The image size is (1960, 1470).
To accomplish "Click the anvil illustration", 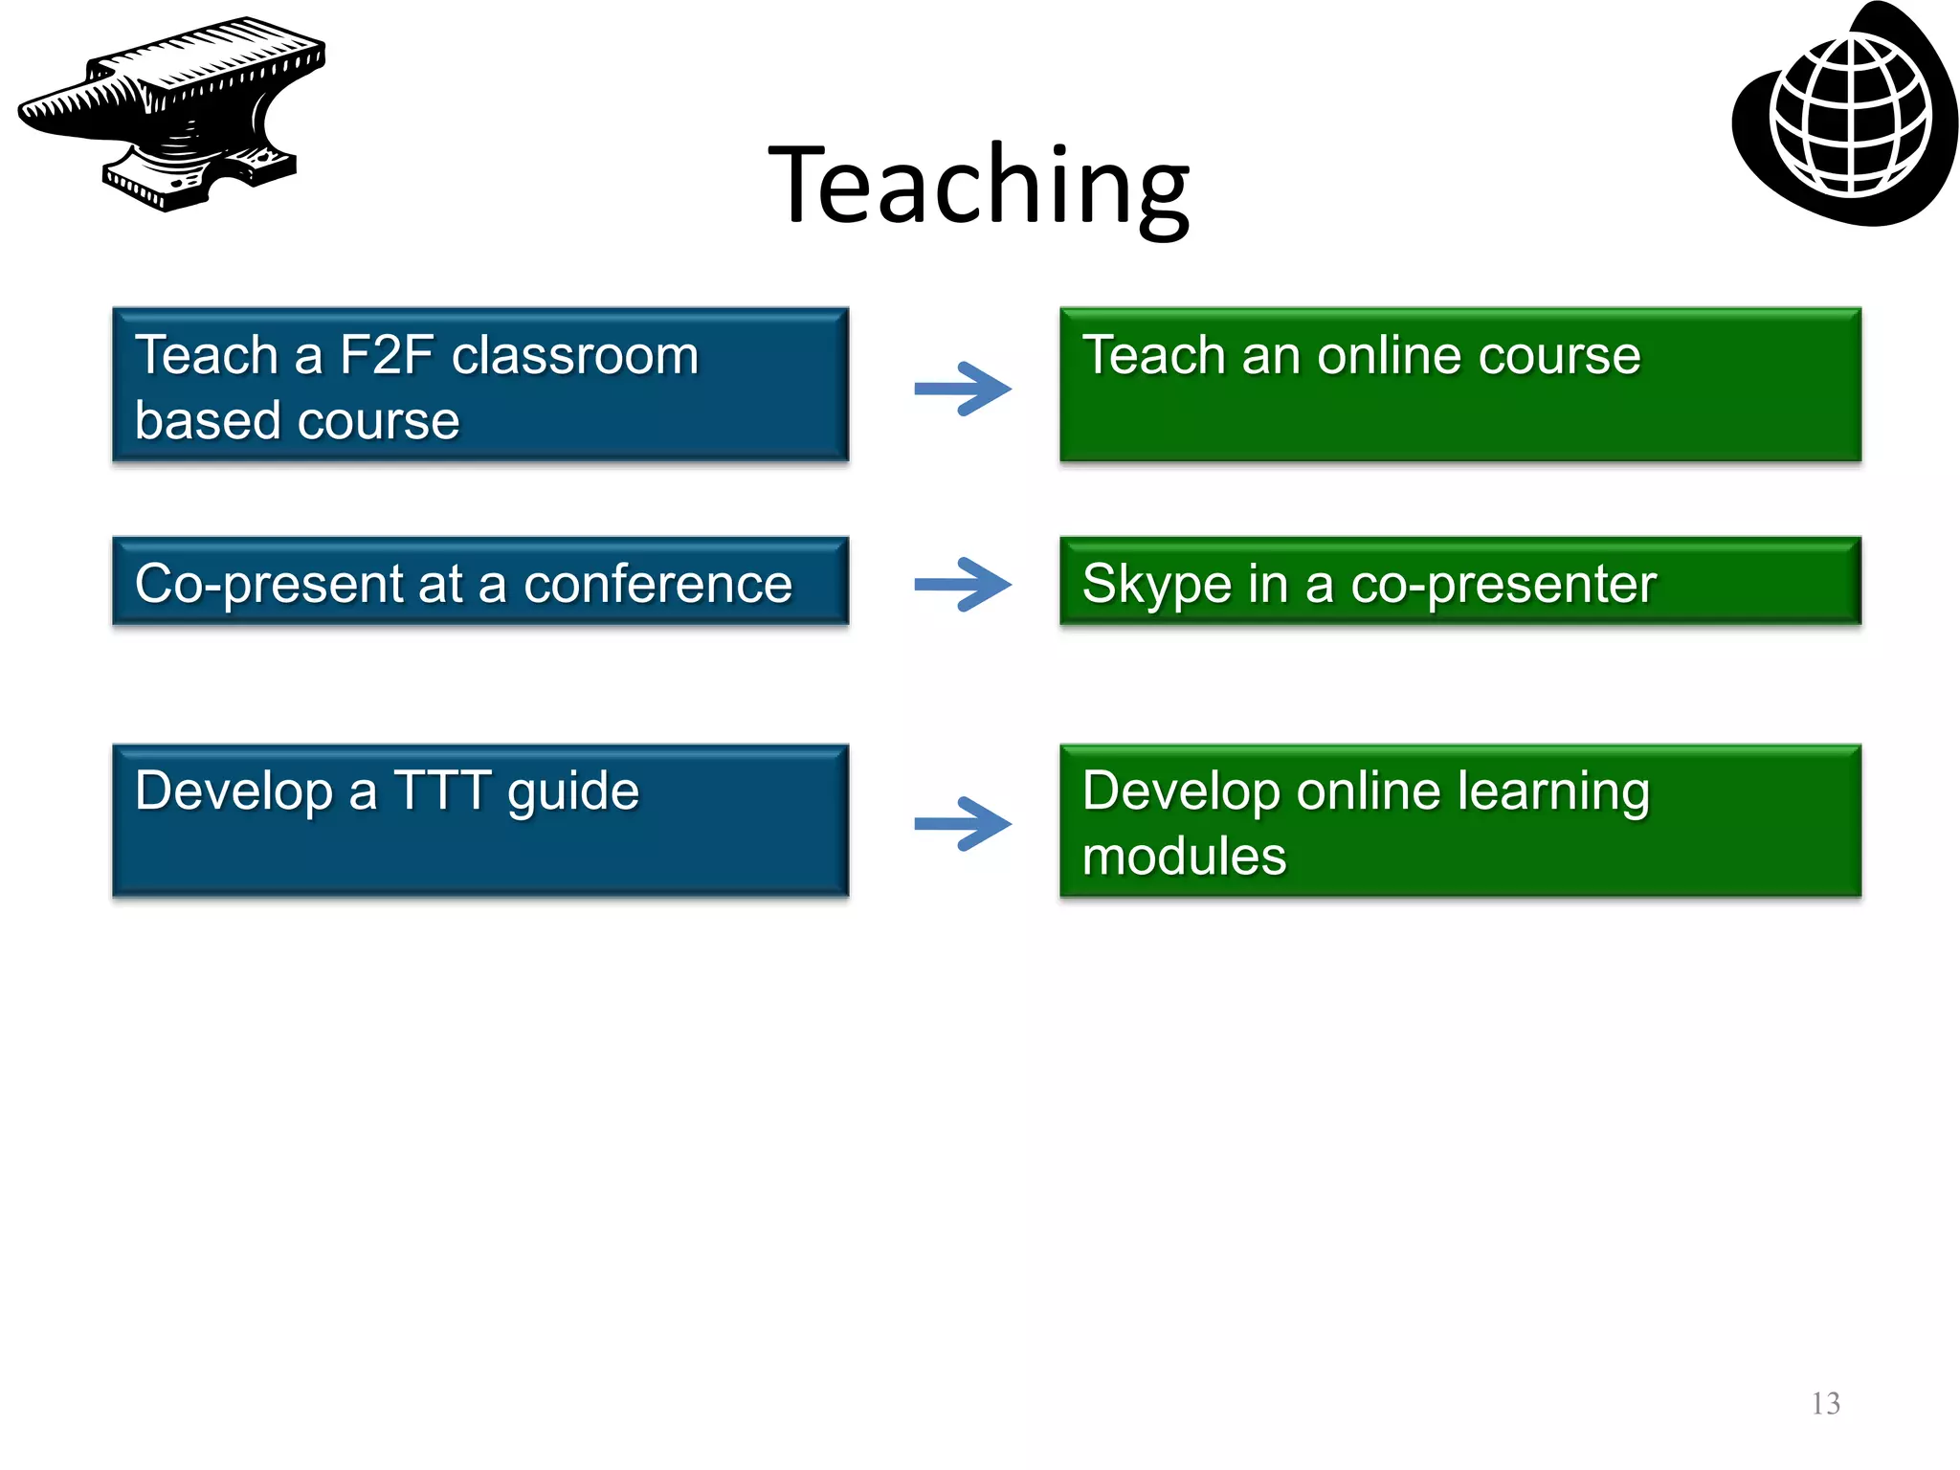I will (x=172, y=113).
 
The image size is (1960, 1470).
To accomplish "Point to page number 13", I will (x=1825, y=1403).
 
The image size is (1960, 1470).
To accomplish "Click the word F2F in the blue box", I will (x=387, y=356).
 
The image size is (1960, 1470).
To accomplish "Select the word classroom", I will (x=575, y=356).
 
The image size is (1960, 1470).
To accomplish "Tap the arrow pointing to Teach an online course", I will (x=962, y=389).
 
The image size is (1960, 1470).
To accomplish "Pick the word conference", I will (x=657, y=584).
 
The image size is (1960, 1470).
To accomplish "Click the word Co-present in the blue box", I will (x=269, y=584).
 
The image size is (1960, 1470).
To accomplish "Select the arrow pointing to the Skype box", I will (x=962, y=584).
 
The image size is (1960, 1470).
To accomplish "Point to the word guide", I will (x=572, y=791).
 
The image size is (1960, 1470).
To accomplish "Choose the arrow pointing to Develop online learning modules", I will (x=962, y=823).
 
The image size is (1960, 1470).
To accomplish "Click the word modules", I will (x=1184, y=856).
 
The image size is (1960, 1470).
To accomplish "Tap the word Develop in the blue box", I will (x=234, y=791).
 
